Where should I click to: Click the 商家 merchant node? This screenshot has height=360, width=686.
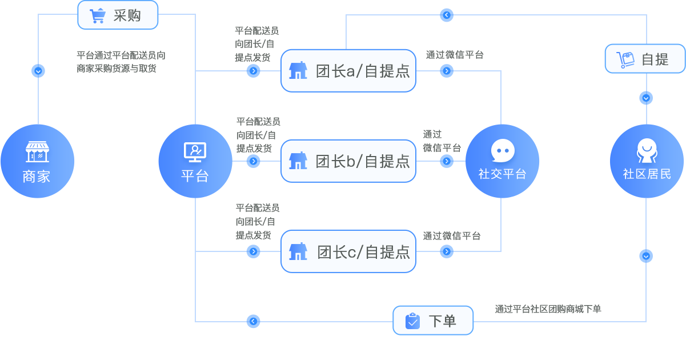(x=37, y=161)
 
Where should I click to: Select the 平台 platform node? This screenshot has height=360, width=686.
(x=195, y=161)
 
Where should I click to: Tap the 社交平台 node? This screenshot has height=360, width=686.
(x=503, y=161)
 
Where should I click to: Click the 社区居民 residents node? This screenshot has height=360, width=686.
(x=647, y=161)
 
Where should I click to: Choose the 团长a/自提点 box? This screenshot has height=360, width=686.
(x=348, y=71)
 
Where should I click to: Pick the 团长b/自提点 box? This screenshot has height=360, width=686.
(x=348, y=161)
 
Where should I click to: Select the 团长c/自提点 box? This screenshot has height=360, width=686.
(x=348, y=251)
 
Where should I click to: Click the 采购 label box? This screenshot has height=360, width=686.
(x=118, y=15)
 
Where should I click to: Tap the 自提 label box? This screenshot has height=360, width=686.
(x=645, y=59)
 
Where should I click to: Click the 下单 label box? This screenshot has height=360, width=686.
(x=433, y=321)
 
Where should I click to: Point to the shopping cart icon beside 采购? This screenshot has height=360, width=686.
(x=98, y=15)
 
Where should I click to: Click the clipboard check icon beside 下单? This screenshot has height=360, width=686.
(x=412, y=321)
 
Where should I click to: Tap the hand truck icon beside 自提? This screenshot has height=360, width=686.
(x=625, y=59)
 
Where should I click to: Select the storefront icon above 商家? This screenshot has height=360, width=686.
(x=37, y=151)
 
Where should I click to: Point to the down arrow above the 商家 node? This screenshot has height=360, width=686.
(x=38, y=71)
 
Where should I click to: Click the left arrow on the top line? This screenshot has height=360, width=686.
(x=447, y=15)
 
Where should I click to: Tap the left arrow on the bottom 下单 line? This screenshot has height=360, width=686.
(x=253, y=321)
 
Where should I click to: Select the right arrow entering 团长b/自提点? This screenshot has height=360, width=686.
(x=253, y=161)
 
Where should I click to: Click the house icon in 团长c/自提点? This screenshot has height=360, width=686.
(x=298, y=251)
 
